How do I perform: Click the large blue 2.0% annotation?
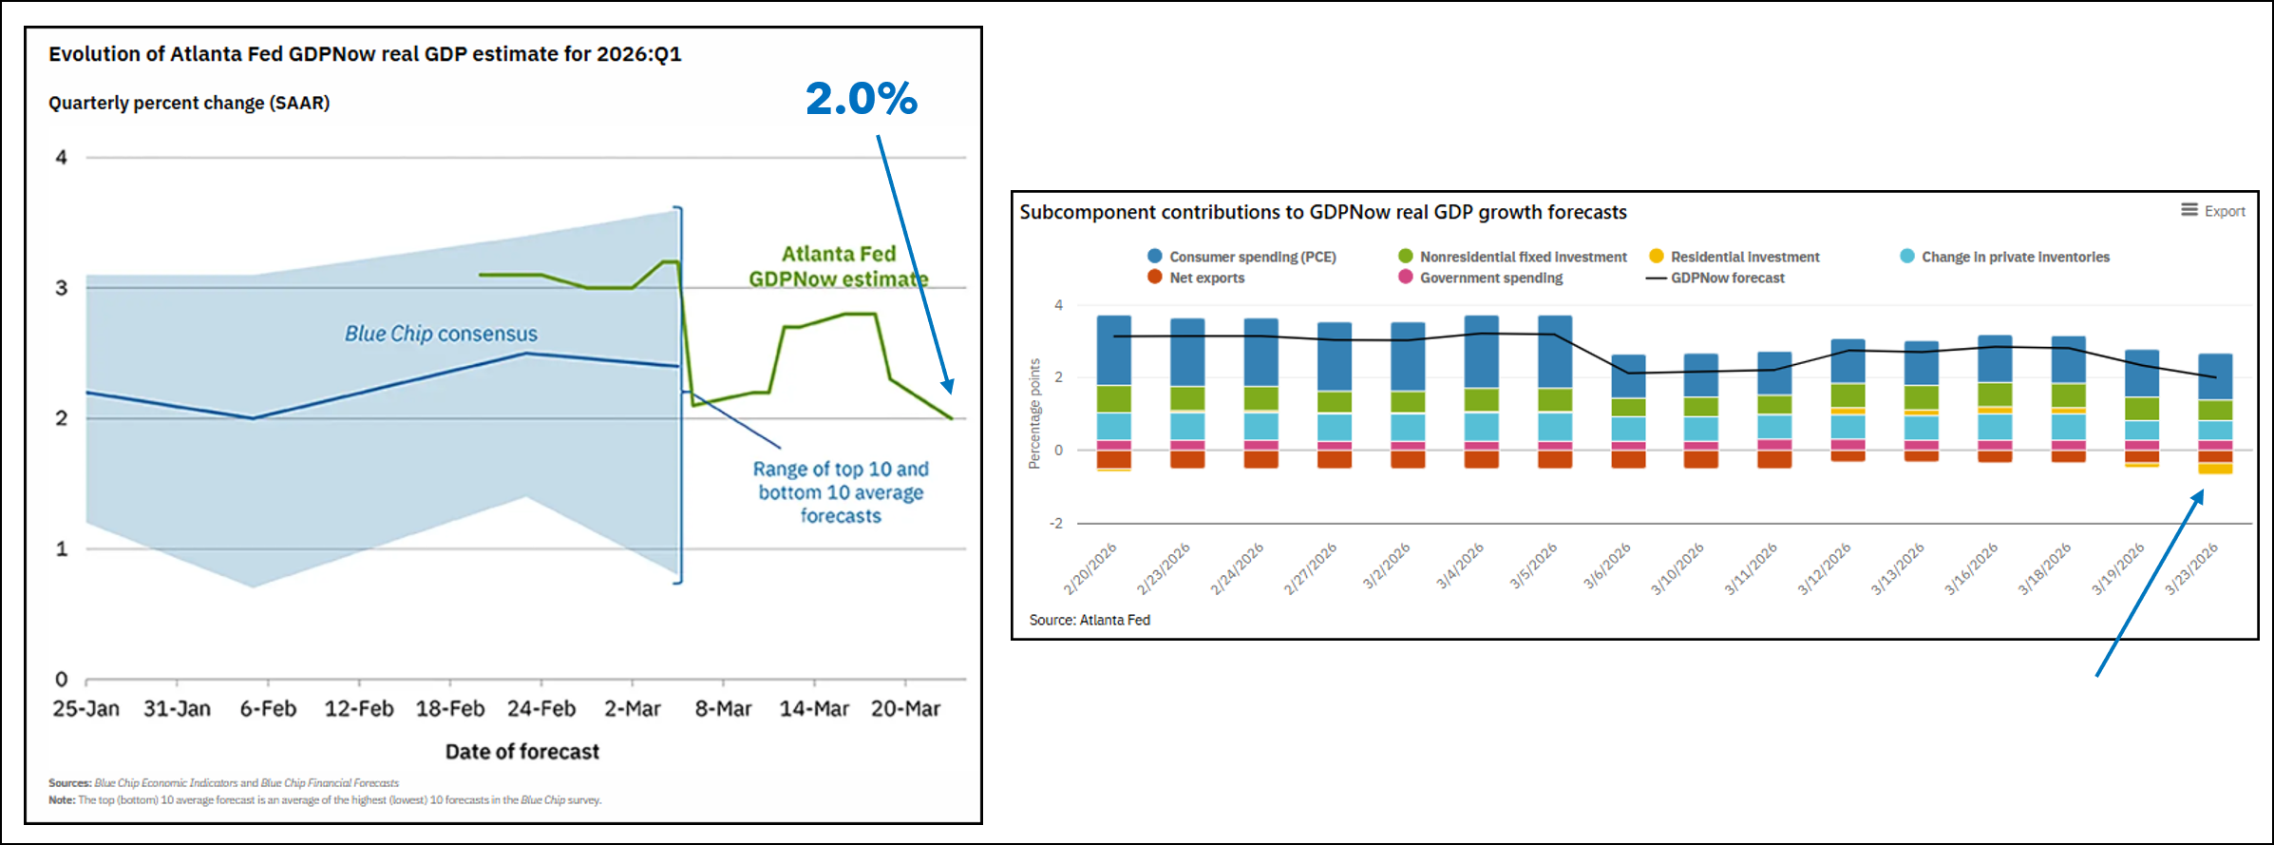[x=862, y=99]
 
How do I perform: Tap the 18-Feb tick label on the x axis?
[x=449, y=709]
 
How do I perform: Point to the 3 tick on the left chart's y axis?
[x=62, y=288]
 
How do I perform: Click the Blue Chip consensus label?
[x=441, y=334]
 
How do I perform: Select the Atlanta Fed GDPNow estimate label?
[x=838, y=266]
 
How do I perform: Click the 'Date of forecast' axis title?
[x=521, y=752]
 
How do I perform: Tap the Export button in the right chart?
[x=2213, y=211]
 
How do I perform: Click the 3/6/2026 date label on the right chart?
[x=1607, y=567]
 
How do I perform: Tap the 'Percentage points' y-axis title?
[x=1034, y=413]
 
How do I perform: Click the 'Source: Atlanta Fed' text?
[x=1090, y=620]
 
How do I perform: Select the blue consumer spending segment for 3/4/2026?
[x=1482, y=352]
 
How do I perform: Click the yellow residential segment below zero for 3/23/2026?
[x=2215, y=469]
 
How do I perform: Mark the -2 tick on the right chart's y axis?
[x=1056, y=524]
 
